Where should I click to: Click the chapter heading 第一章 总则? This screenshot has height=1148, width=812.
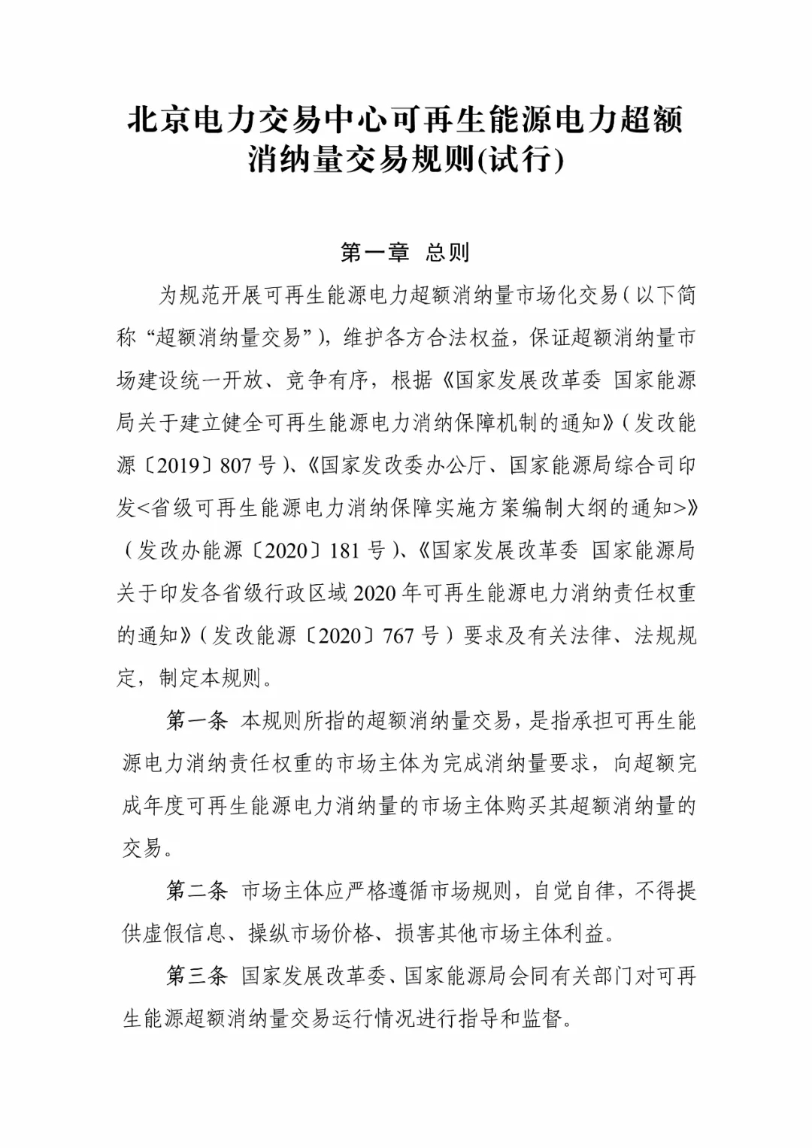(405, 253)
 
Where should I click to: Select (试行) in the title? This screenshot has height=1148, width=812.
(521, 159)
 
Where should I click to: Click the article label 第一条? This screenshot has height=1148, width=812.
(196, 721)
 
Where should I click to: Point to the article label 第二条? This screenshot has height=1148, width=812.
(196, 891)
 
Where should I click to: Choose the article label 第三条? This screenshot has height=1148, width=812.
(196, 976)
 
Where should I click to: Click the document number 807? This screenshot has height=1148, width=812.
(235, 465)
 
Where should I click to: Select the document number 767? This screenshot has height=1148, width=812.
(398, 636)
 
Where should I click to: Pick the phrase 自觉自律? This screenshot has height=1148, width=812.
(575, 891)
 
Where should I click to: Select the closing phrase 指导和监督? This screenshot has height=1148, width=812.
(520, 1019)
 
